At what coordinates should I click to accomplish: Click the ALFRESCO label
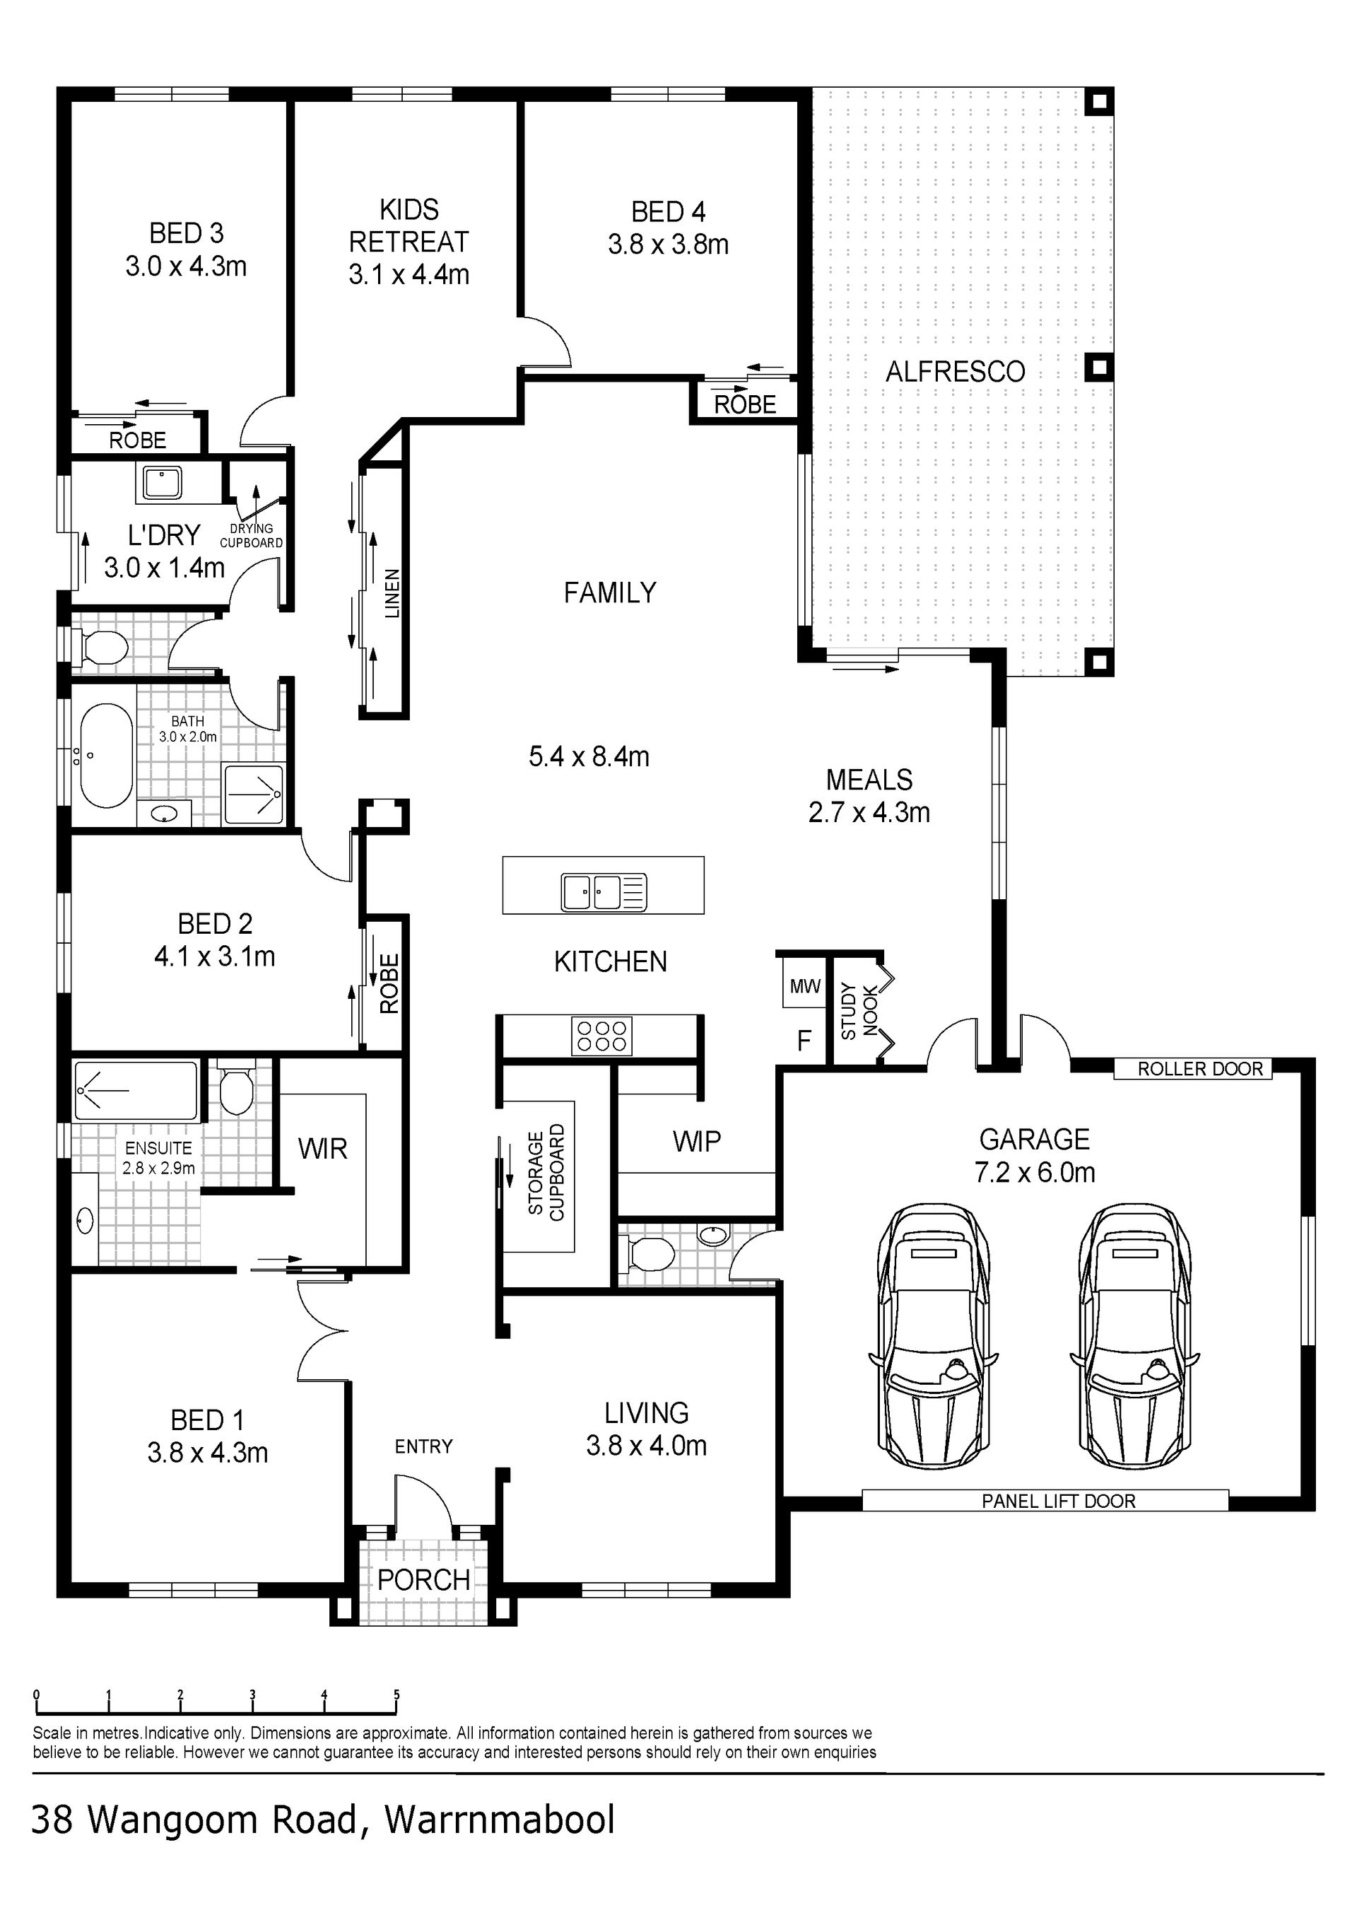pos(955,371)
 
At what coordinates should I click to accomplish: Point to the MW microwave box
pos(805,987)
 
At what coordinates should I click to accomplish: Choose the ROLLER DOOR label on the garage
pos(1200,1069)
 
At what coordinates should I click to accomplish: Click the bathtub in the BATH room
pos(107,756)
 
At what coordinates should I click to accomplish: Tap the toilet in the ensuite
pos(235,1089)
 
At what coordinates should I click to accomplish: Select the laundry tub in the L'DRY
pos(161,483)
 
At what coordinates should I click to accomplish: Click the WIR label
pos(323,1149)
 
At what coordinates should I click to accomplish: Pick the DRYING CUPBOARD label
pos(252,535)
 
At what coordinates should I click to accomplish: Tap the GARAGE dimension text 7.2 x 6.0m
pos(1034,1172)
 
